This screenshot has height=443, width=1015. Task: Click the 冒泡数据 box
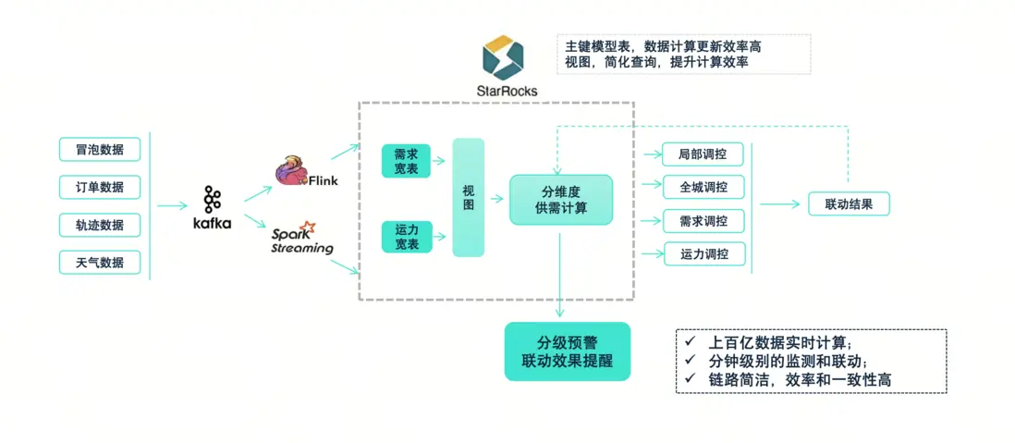pyautogui.click(x=100, y=149)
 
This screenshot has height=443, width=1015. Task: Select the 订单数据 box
pyautogui.click(x=100, y=187)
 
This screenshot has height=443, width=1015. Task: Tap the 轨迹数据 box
pyautogui.click(x=100, y=225)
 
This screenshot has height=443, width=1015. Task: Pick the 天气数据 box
pyautogui.click(x=100, y=263)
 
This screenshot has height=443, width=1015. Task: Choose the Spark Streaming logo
pyautogui.click(x=301, y=237)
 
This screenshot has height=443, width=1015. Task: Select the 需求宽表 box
pyautogui.click(x=406, y=161)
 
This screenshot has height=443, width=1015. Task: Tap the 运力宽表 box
pyautogui.click(x=406, y=237)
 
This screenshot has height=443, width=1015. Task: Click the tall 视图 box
pyautogui.click(x=469, y=197)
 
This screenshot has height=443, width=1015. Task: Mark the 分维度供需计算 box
pyautogui.click(x=561, y=199)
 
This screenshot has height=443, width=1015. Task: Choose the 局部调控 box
pyautogui.click(x=703, y=154)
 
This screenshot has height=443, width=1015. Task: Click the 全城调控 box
pyautogui.click(x=703, y=187)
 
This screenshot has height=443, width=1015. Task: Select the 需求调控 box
pyautogui.click(x=703, y=221)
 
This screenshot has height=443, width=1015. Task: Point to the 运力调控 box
pyautogui.click(x=703, y=254)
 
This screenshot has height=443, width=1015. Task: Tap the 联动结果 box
pyautogui.click(x=849, y=203)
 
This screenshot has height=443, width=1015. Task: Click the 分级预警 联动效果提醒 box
pyautogui.click(x=567, y=351)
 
